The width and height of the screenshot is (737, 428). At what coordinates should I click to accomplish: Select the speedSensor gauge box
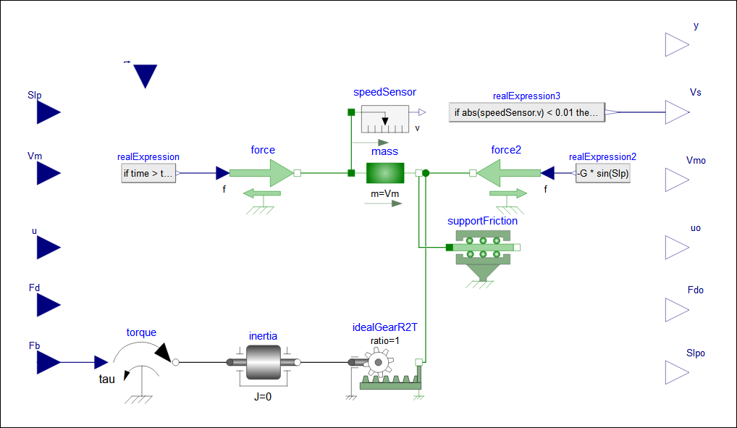pos(385,119)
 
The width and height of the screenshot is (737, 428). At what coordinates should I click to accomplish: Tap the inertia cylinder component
pos(263,362)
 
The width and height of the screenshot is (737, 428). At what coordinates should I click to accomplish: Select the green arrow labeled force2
pos(508,174)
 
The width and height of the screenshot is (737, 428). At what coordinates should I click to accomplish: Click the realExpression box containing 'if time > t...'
pos(148,174)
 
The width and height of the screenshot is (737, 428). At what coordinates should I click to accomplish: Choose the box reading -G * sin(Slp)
pos(602,174)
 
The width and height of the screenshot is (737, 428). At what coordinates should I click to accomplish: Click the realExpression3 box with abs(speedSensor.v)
pos(526,112)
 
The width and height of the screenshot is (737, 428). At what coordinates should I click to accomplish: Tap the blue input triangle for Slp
pos(48,112)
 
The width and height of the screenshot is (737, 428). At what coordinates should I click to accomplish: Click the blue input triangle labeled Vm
pos(48,174)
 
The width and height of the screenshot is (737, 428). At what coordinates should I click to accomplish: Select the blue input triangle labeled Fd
pos(48,305)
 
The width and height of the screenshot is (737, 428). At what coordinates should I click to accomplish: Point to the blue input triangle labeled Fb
pos(48,362)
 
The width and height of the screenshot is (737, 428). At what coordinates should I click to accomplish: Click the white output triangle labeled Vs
pos(677,112)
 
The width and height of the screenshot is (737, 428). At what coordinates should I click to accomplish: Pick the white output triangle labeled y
pos(677,45)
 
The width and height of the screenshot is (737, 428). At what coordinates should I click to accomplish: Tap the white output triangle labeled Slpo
pos(677,372)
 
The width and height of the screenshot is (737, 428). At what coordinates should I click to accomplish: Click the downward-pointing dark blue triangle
pos(146,75)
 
